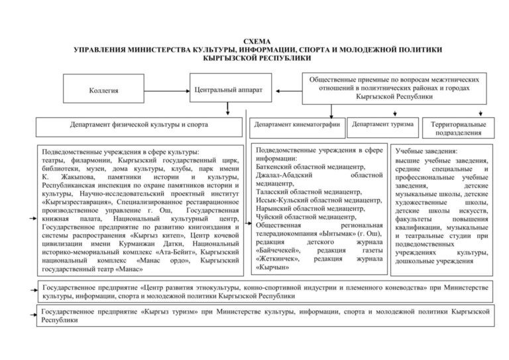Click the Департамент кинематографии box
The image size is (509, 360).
298,124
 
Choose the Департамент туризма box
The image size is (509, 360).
383,123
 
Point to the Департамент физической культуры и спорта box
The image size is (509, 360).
139,124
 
